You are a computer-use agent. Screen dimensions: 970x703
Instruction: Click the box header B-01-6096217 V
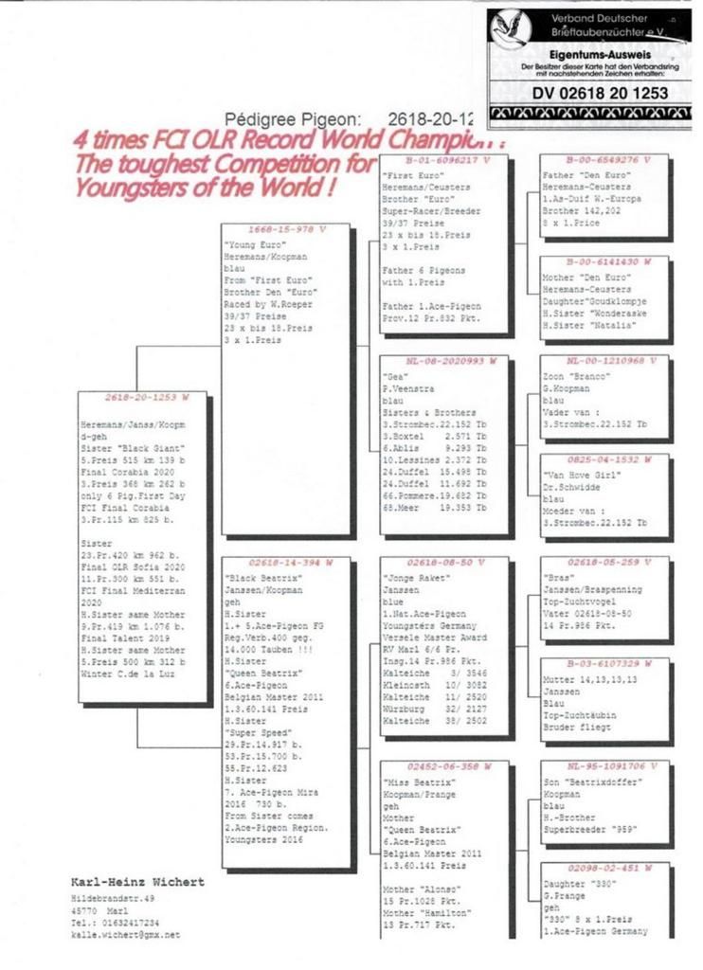tap(441, 160)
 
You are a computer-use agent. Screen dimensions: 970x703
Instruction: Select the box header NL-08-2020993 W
tap(442, 361)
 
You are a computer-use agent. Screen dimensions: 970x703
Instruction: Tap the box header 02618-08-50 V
tap(441, 563)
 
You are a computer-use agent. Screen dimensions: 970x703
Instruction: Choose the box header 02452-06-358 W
tap(442, 764)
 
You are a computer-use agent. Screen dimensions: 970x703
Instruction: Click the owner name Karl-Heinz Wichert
tap(138, 882)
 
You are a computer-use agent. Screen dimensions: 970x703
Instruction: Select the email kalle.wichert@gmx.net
tap(126, 935)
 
